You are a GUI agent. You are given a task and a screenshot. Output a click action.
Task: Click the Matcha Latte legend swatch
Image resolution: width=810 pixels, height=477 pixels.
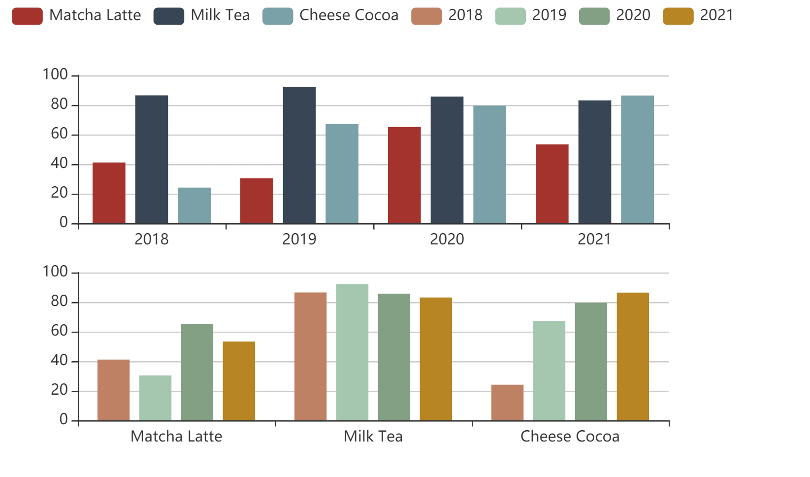tap(27, 16)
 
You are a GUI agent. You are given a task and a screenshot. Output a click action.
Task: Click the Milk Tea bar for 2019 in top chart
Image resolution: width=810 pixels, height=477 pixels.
tap(299, 155)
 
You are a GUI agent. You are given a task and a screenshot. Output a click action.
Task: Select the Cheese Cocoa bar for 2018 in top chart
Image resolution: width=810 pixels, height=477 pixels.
tap(194, 205)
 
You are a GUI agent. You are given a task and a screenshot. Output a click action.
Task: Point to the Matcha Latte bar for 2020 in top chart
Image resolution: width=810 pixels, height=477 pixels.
tap(404, 175)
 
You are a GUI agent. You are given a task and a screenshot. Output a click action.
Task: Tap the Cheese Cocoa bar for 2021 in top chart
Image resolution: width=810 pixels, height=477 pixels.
tap(637, 160)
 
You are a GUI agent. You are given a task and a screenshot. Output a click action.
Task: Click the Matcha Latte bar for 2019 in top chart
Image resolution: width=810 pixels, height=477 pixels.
tap(257, 201)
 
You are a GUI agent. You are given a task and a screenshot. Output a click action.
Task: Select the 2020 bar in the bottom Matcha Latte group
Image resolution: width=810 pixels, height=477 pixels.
tap(197, 373)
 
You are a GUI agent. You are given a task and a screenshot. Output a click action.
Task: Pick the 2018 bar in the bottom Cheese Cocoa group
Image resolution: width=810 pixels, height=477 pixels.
tap(507, 403)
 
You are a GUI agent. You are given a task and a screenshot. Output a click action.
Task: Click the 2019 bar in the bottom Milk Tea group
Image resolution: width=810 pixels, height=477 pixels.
tap(352, 352)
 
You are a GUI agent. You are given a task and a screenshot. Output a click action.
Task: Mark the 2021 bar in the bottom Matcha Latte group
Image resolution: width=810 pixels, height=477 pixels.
tap(239, 381)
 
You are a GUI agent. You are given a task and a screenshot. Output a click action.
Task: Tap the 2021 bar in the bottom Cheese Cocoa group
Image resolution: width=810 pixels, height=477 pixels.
tap(633, 357)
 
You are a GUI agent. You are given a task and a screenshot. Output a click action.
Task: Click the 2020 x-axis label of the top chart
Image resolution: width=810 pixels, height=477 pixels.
tap(447, 239)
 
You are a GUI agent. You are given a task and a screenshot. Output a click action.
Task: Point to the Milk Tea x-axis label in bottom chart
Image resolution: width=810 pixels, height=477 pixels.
tap(373, 437)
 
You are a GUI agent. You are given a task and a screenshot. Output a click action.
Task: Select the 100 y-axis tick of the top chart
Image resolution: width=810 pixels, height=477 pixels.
tap(55, 75)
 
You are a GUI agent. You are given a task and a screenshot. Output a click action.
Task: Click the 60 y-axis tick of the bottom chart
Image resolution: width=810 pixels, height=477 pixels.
tap(59, 331)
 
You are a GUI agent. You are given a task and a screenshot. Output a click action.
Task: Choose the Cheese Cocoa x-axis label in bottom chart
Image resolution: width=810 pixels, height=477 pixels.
tap(570, 437)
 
